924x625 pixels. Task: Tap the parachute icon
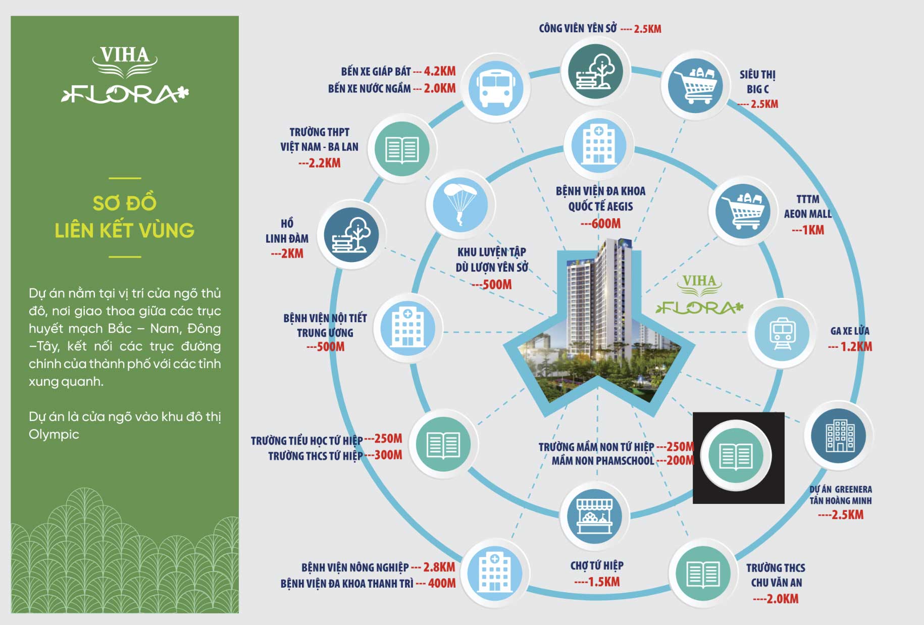click(460, 204)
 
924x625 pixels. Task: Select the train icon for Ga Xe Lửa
click(782, 333)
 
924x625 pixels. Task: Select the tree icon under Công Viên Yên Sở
click(595, 72)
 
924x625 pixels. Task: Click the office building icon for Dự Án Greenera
click(838, 436)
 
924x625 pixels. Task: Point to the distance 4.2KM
click(439, 71)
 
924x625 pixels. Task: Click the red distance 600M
click(601, 223)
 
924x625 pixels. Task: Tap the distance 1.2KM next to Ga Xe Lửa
click(856, 347)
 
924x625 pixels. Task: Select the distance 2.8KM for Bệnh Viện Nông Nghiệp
click(439, 567)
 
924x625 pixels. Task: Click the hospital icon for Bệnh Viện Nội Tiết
click(408, 328)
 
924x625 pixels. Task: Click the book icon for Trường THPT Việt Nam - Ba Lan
click(402, 149)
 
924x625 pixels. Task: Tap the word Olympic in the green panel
click(54, 434)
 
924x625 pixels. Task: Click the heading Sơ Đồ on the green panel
click(125, 203)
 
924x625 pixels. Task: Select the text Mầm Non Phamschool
click(602, 460)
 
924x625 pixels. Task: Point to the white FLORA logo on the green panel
click(125, 94)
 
